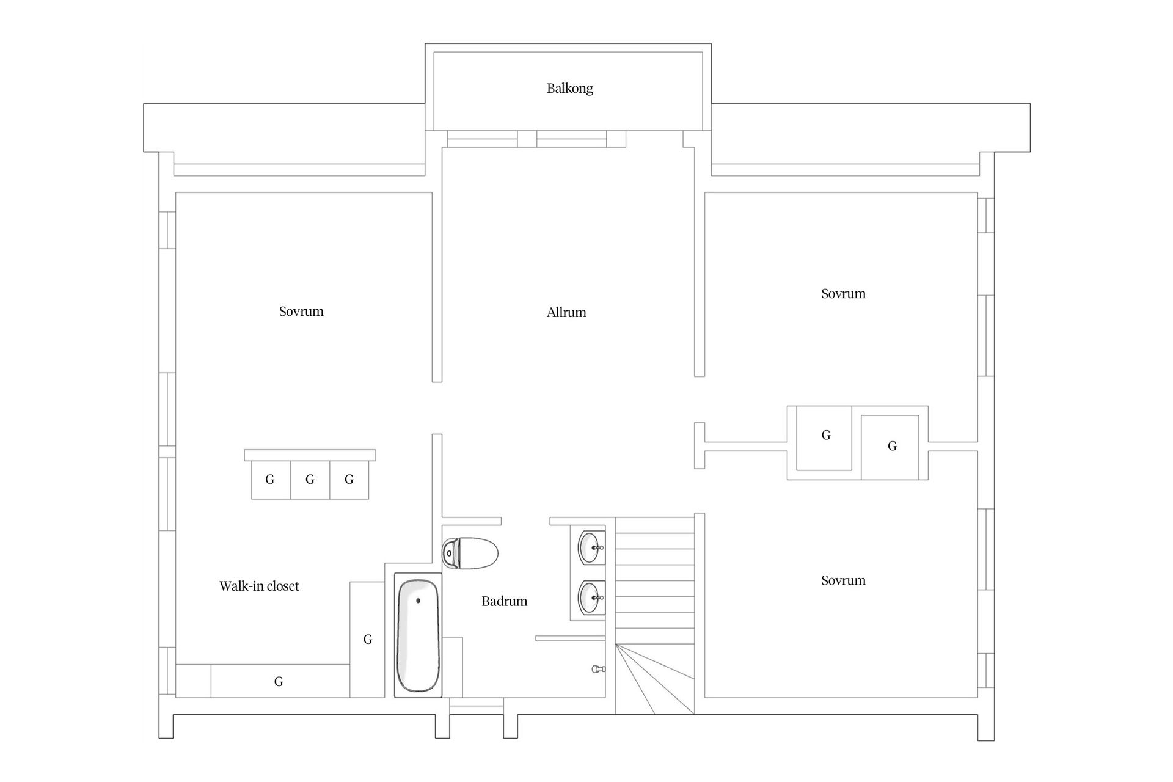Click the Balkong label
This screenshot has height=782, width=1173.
(x=569, y=89)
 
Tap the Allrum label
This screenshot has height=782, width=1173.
(x=566, y=313)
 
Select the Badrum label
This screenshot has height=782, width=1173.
(x=504, y=601)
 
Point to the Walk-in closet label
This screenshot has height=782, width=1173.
(x=259, y=586)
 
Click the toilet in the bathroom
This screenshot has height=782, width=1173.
(x=470, y=554)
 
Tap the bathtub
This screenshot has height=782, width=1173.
(x=418, y=635)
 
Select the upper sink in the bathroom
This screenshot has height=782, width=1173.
(x=591, y=547)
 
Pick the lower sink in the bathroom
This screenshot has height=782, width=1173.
(x=591, y=597)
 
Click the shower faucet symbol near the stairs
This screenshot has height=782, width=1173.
(x=598, y=670)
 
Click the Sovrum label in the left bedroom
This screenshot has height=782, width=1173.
(x=301, y=312)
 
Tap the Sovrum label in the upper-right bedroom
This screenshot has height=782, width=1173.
(x=843, y=294)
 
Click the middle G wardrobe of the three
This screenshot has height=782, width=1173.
(x=310, y=480)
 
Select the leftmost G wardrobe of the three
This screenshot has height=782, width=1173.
(x=271, y=480)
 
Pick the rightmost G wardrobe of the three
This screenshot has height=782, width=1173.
(x=349, y=480)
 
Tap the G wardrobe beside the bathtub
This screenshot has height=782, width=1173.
(x=367, y=639)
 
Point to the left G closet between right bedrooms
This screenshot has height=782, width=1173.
(x=824, y=438)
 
